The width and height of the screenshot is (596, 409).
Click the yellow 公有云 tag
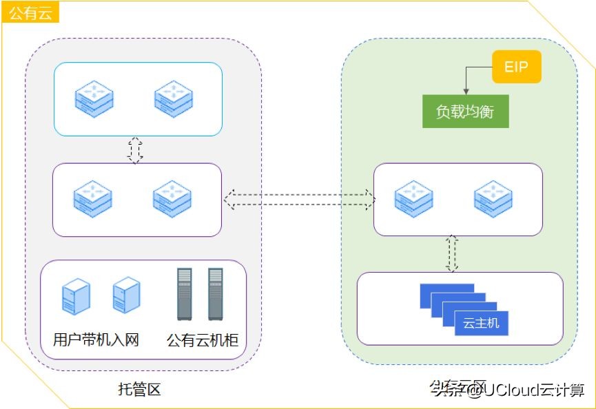pyautogui.click(x=30, y=12)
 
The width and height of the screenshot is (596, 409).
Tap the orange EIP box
pyautogui.click(x=516, y=67)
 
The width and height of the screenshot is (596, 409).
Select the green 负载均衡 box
pyautogui.click(x=465, y=111)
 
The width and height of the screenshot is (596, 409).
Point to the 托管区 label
pyautogui.click(x=139, y=389)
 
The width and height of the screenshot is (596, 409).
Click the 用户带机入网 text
pyautogui.click(x=96, y=339)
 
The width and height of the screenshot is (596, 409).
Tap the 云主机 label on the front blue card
pyautogui.click(x=481, y=322)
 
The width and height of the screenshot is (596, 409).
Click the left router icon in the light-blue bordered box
pyautogui.click(x=94, y=98)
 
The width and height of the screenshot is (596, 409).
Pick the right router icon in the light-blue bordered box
pyautogui.click(x=172, y=98)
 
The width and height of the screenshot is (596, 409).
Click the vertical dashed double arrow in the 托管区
pyautogui.click(x=135, y=149)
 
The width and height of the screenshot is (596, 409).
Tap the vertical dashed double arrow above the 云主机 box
pyautogui.click(x=452, y=253)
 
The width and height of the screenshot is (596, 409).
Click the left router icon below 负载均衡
pyautogui.click(x=413, y=198)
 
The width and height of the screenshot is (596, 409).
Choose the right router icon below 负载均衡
pyautogui.click(x=493, y=198)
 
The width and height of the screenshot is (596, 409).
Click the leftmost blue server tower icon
pyautogui.click(x=76, y=296)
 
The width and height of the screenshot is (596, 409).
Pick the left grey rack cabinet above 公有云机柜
pyautogui.click(x=184, y=294)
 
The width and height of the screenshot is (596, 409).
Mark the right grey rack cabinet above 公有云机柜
pyautogui.click(x=215, y=294)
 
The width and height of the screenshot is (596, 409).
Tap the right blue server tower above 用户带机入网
pyautogui.click(x=126, y=295)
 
